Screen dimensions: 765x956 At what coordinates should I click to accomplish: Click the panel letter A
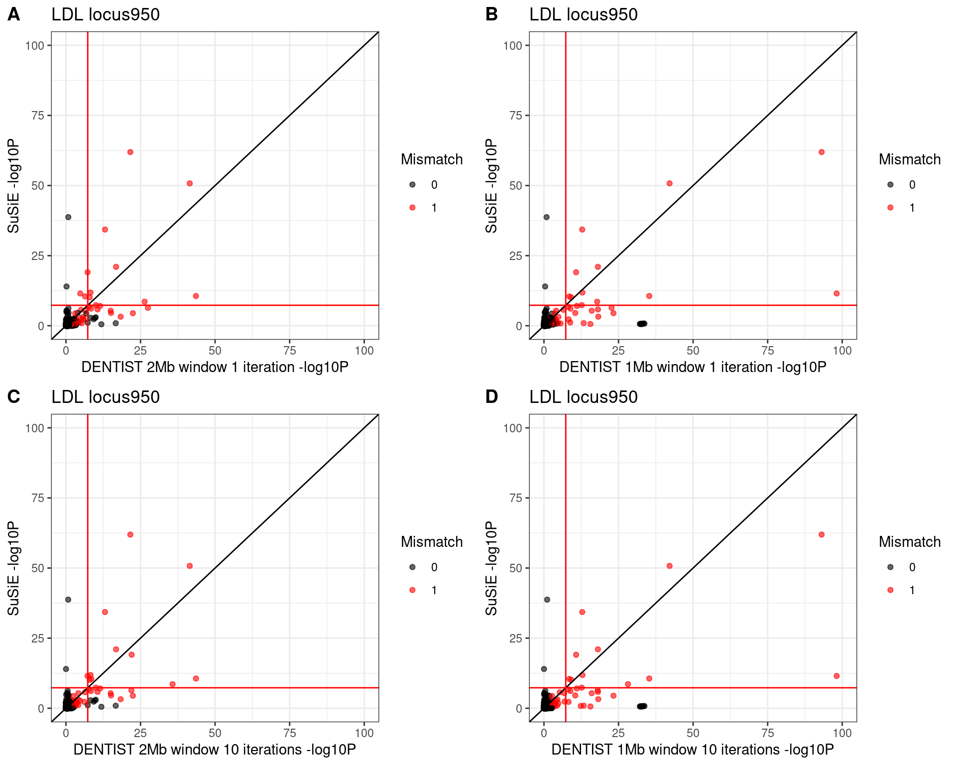click(x=13, y=14)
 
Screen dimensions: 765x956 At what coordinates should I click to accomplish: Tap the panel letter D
click(x=491, y=397)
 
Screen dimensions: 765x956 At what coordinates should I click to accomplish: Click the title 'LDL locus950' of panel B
click(x=583, y=14)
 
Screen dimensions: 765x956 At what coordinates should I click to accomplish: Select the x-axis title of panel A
click(x=215, y=367)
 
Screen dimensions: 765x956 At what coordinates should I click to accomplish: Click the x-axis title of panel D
click(x=692, y=750)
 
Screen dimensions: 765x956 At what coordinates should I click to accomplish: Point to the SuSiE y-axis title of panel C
click(x=13, y=568)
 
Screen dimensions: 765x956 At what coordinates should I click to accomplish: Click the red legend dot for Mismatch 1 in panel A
click(x=412, y=208)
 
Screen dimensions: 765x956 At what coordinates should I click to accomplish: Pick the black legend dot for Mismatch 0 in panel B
click(x=890, y=185)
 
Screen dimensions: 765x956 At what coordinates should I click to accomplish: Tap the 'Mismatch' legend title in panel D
click(x=909, y=542)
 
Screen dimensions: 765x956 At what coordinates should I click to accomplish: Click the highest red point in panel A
click(x=130, y=152)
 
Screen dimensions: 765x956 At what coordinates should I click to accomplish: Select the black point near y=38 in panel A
click(x=68, y=217)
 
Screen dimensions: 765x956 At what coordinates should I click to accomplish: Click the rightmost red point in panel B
click(x=836, y=293)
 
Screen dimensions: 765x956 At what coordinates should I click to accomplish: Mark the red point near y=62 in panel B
click(x=822, y=152)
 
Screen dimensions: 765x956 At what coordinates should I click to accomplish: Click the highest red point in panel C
click(x=130, y=534)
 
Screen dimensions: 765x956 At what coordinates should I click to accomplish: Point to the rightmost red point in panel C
click(x=196, y=678)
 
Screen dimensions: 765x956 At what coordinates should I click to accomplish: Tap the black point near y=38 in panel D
click(x=547, y=600)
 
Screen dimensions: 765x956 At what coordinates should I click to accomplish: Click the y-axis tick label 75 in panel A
click(x=38, y=116)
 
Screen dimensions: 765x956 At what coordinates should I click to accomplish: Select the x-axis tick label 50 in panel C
click(x=215, y=733)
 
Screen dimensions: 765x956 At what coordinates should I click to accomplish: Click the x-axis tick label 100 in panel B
click(x=842, y=351)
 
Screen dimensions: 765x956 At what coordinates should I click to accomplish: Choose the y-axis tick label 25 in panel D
click(x=516, y=638)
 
